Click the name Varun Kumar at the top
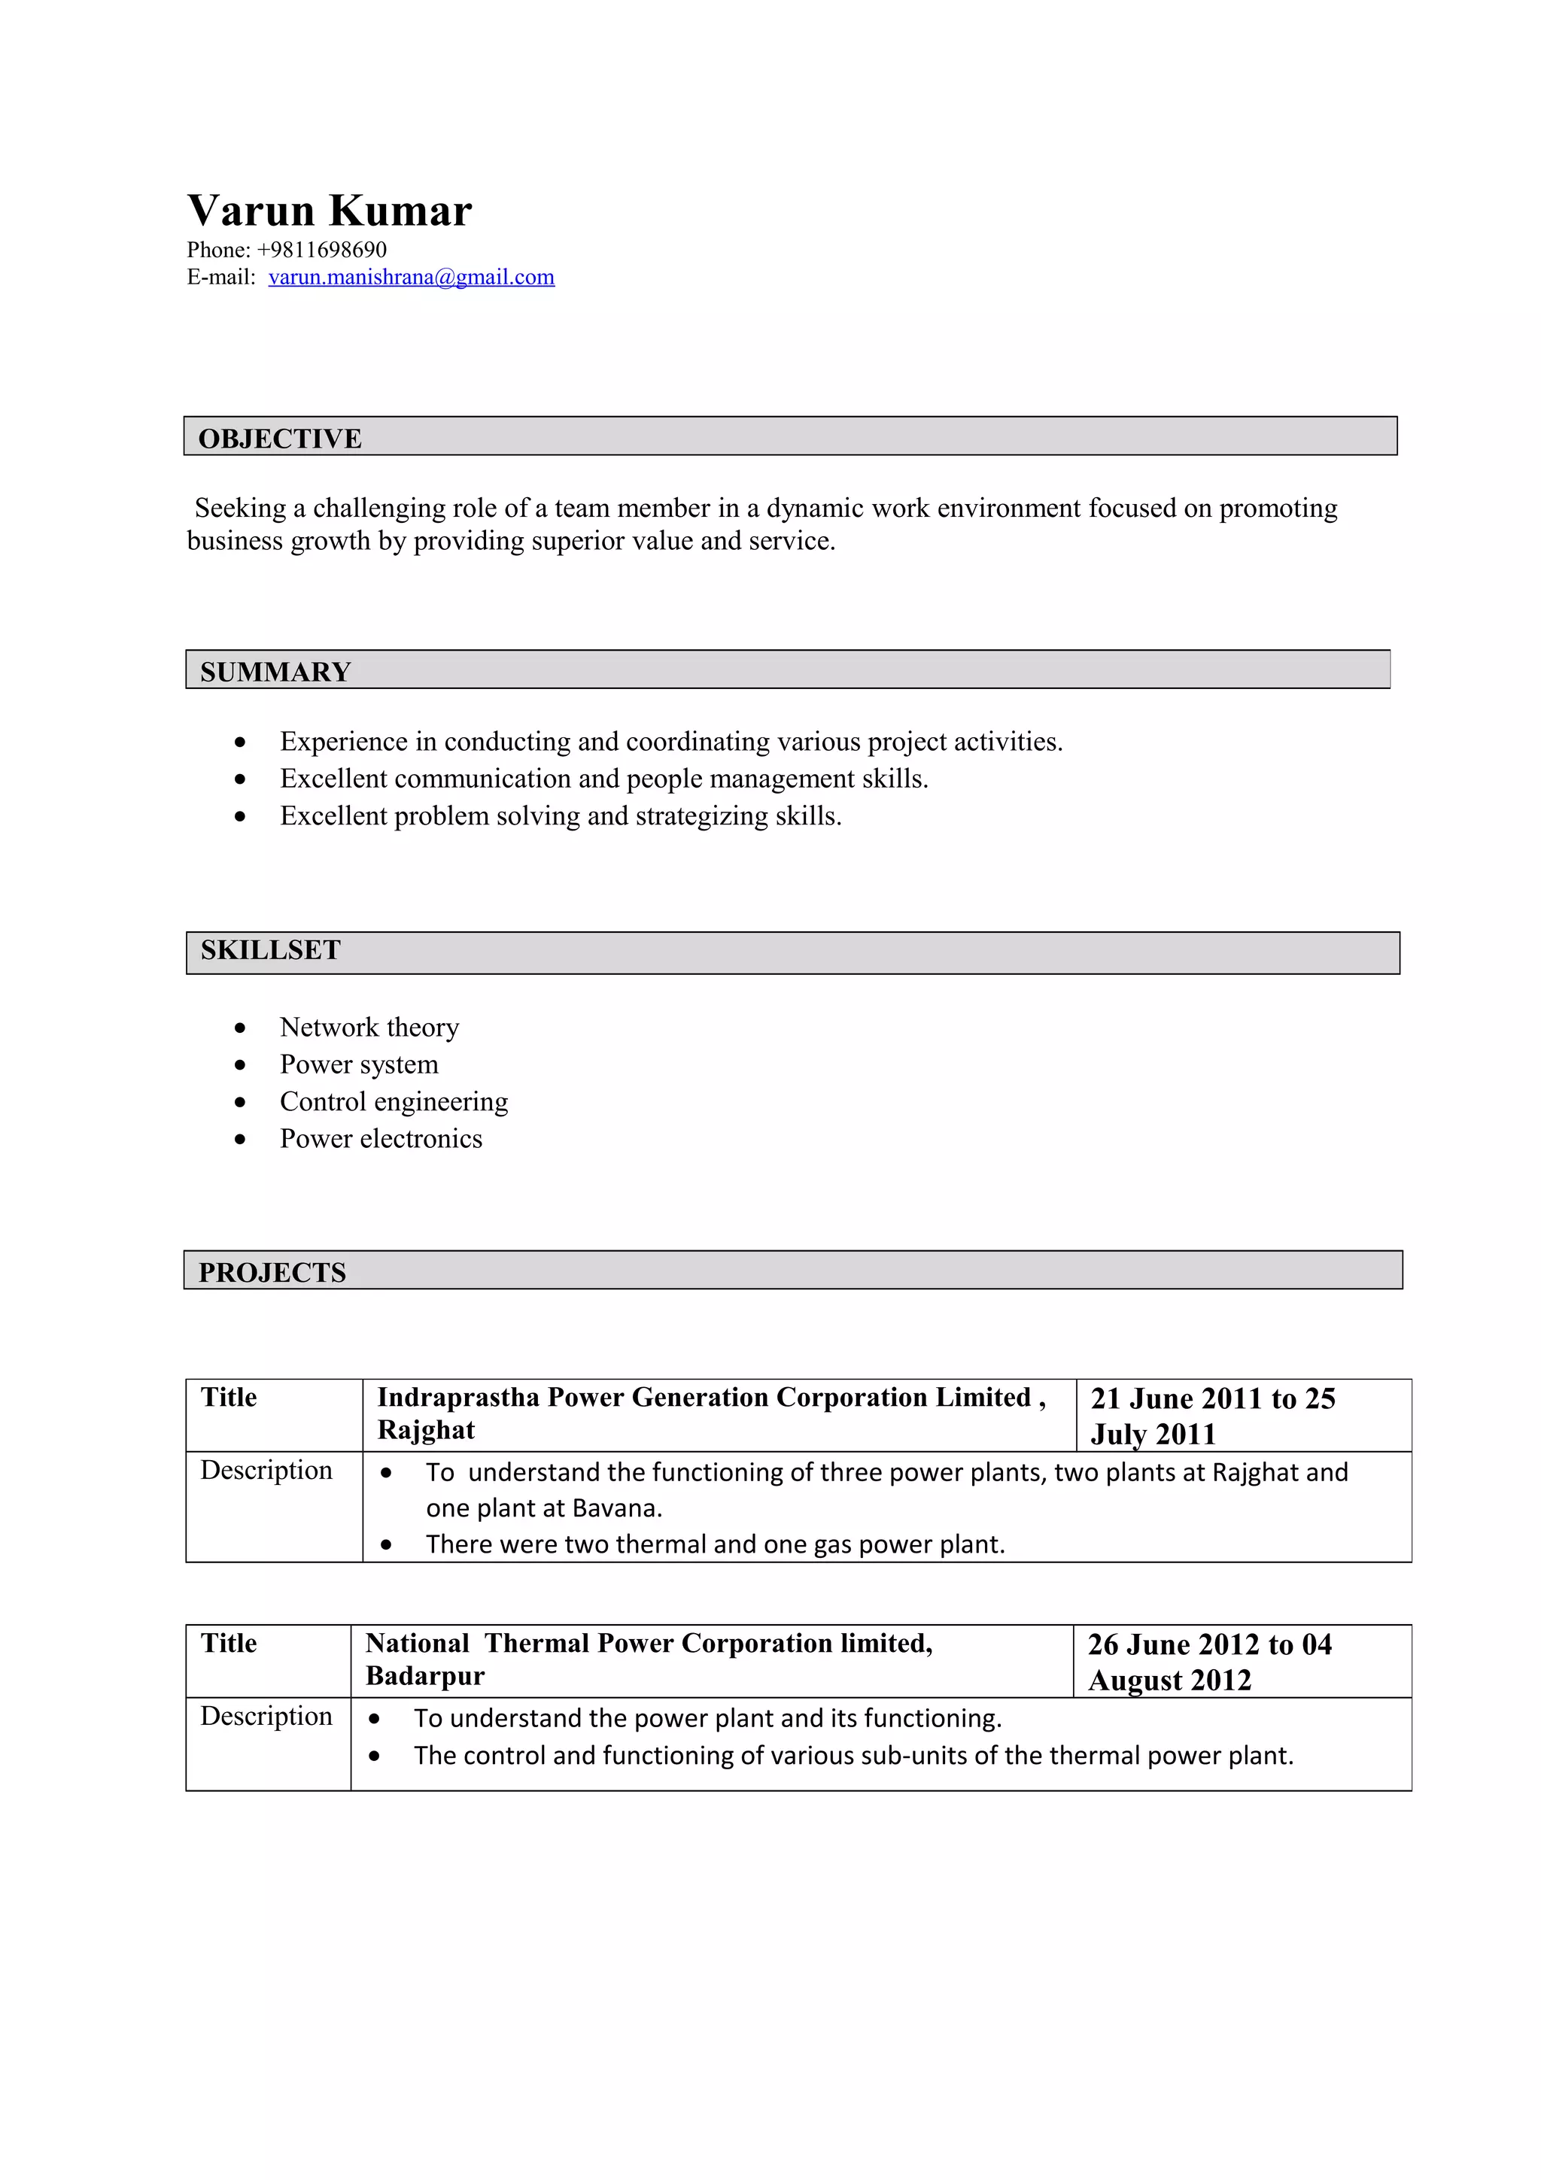coord(329,211)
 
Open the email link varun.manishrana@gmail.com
coord(411,278)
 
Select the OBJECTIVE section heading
coord(279,439)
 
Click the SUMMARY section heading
coord(275,673)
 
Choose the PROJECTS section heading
coord(272,1272)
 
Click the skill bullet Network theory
coord(369,1028)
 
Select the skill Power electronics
coord(380,1138)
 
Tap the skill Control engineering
coord(393,1101)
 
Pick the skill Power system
coord(358,1064)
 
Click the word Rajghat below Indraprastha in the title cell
coord(425,1430)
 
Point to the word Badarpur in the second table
coord(424,1676)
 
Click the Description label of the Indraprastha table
coord(266,1470)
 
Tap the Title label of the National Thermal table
coord(228,1644)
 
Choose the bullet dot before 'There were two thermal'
coord(385,1545)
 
